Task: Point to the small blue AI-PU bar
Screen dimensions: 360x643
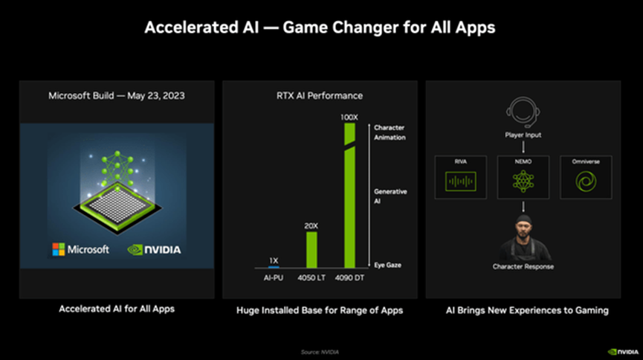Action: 273,266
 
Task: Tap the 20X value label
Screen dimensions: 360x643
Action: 311,226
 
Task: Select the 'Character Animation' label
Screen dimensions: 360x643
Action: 390,132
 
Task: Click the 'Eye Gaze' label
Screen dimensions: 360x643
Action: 387,265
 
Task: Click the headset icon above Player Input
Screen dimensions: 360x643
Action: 523,111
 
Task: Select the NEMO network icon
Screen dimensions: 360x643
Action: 523,181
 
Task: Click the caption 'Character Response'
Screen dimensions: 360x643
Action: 523,266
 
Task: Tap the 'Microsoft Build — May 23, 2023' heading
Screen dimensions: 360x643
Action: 117,96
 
